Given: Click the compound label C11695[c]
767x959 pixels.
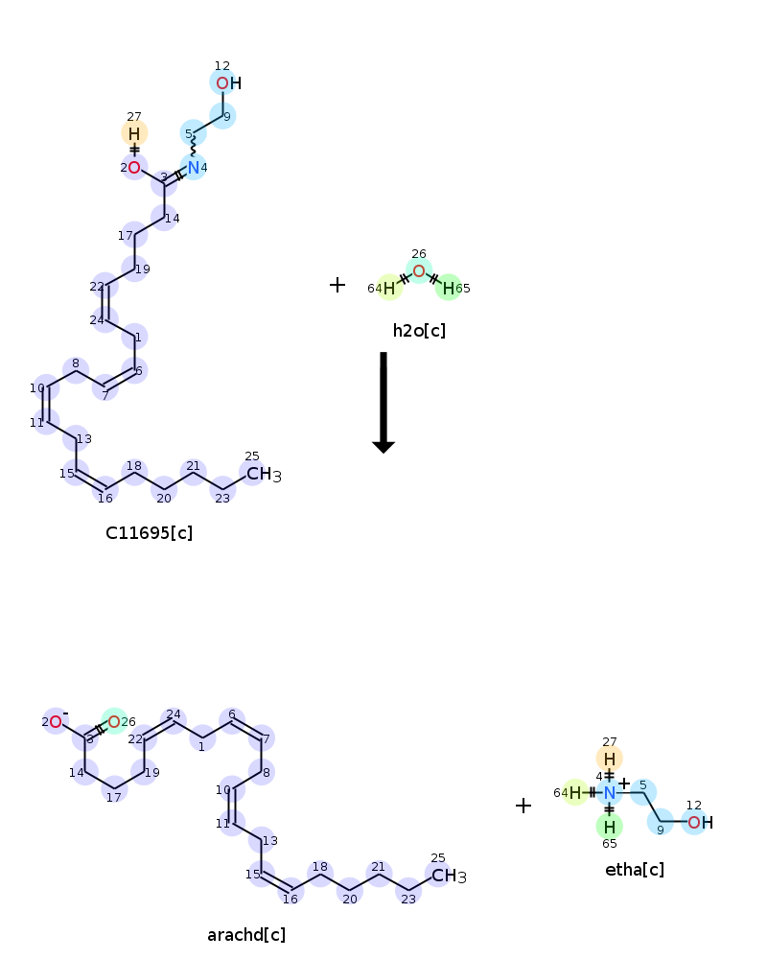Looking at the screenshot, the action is (150, 533).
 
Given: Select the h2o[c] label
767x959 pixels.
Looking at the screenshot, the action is (419, 331).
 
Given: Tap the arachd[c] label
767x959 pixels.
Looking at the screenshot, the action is (246, 935).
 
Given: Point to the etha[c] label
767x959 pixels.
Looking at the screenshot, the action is (635, 870).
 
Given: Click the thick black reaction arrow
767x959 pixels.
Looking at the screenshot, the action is (383, 403).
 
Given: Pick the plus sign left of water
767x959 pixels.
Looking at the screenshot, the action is (337, 285).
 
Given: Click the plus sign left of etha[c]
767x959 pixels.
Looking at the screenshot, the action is (523, 806).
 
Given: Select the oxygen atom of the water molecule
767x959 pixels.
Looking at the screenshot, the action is (419, 271).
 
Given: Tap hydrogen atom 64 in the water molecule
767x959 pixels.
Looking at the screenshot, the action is (389, 288).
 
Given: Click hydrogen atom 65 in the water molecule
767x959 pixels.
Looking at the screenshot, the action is (449, 288).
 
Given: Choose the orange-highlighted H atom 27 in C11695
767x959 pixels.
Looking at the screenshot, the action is (134, 133).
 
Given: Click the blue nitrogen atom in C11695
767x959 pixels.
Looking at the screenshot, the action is (194, 167).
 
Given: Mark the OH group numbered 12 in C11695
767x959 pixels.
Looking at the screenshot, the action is (229, 83).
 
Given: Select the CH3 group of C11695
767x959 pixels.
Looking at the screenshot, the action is (264, 474).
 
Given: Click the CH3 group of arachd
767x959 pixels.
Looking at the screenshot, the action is (449, 876).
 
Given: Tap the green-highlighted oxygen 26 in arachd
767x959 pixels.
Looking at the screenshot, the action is (114, 722).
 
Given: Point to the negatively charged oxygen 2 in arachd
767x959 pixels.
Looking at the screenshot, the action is (56, 722).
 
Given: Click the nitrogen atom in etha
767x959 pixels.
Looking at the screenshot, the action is (609, 793).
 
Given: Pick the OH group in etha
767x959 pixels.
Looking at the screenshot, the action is (700, 823).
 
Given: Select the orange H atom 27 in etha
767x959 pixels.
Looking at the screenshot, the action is (609, 759).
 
